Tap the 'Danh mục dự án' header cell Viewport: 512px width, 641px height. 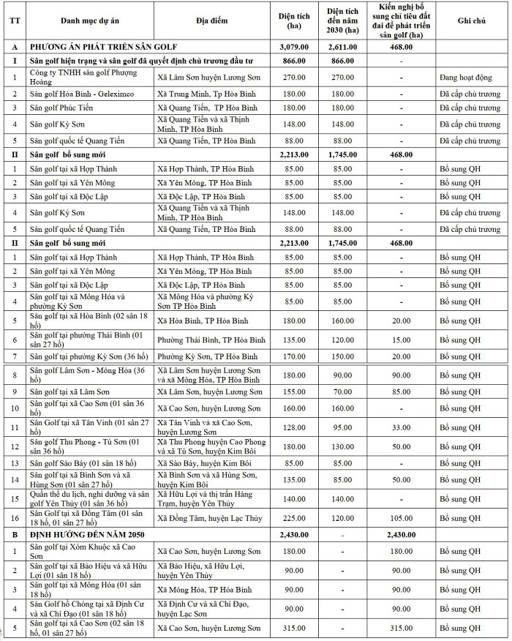pos(89,20)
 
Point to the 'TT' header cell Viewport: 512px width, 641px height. pos(13,20)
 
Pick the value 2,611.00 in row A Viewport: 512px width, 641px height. pos(342,47)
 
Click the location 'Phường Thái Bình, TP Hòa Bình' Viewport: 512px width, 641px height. pos(212,340)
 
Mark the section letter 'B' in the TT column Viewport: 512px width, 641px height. pos(13,535)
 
